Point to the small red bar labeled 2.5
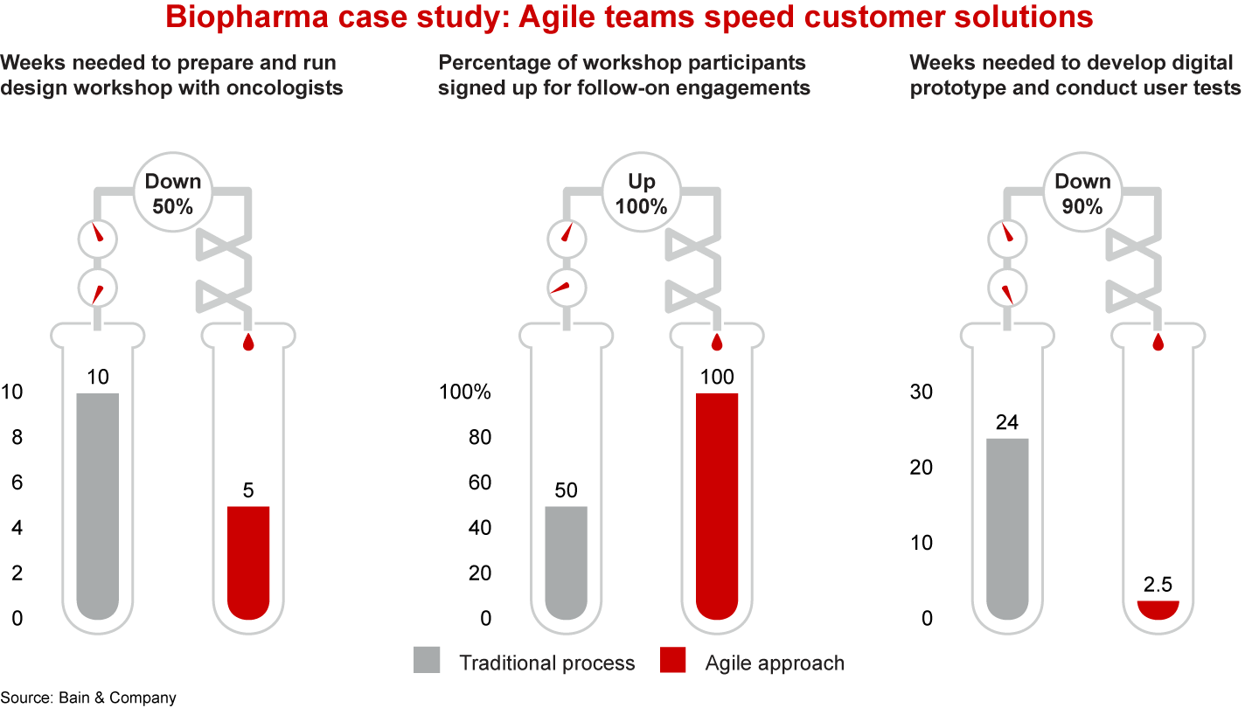point(1158,609)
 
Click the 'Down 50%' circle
point(172,194)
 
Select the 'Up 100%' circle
point(641,194)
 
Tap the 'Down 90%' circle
point(1082,194)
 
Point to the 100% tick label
point(466,392)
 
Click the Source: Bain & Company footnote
point(88,698)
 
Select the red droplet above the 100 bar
point(718,342)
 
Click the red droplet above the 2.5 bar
point(1158,342)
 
